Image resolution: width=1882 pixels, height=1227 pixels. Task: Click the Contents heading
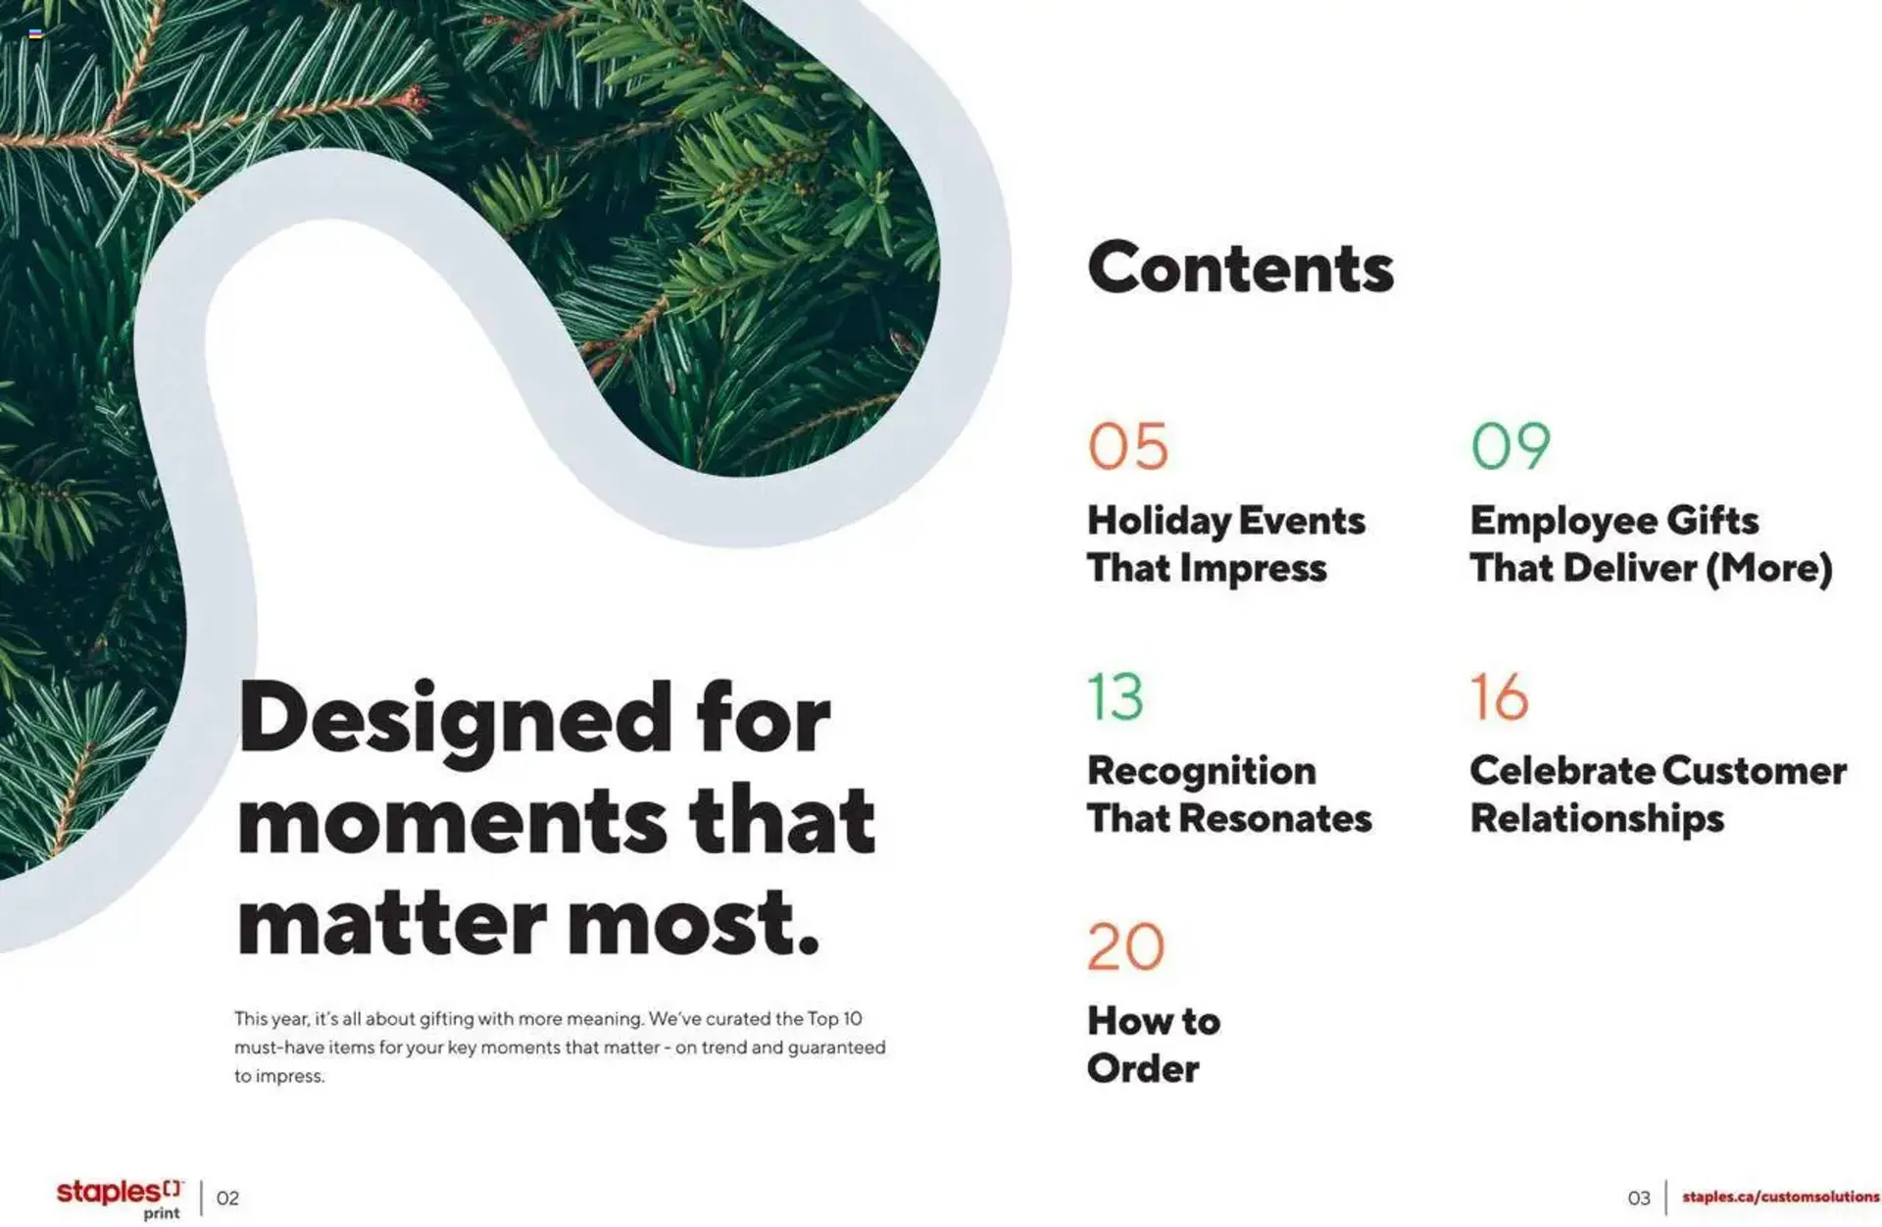click(x=1240, y=269)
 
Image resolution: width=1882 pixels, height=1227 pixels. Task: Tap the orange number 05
click(x=1128, y=447)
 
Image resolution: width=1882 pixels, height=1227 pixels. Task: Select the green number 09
click(x=1511, y=447)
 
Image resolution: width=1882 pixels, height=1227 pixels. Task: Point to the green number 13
click(x=1115, y=697)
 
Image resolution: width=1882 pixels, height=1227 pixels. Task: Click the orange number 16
click(x=1499, y=697)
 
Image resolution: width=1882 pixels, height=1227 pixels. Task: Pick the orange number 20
click(x=1125, y=947)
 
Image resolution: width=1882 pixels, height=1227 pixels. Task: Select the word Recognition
click(x=1201, y=772)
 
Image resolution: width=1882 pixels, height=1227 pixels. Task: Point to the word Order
click(x=1143, y=1069)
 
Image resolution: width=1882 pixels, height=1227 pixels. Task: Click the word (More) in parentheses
click(x=1769, y=569)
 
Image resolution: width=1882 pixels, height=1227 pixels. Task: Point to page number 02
click(x=227, y=1199)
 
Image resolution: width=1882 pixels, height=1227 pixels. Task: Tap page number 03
click(x=1639, y=1199)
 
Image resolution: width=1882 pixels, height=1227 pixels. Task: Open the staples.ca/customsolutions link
click(x=1780, y=1198)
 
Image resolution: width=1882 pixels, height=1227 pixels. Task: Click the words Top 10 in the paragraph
click(x=834, y=1019)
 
